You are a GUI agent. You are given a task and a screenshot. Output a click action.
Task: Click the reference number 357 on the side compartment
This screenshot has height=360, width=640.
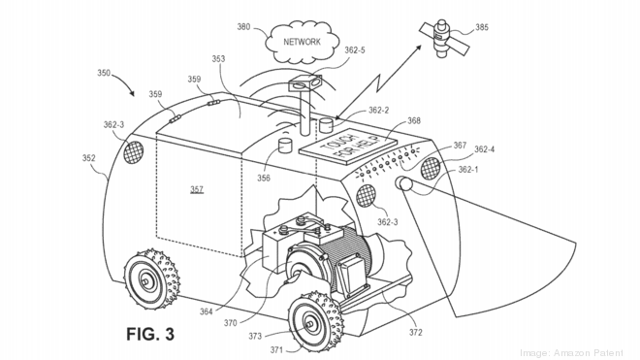[197, 190]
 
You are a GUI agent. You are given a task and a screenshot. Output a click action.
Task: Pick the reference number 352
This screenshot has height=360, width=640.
[89, 158]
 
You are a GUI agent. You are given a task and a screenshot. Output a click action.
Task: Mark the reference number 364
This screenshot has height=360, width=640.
[205, 311]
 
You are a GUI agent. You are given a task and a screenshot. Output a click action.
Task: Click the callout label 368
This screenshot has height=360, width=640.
[414, 121]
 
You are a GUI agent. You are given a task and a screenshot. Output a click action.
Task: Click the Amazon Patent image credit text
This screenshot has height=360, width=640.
[572, 352]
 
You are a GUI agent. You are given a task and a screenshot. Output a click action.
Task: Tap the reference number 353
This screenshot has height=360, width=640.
[219, 59]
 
